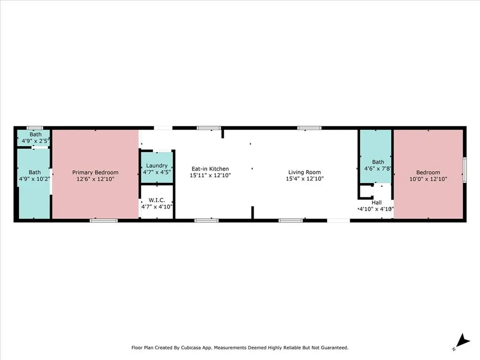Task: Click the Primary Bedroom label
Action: (x=95, y=172)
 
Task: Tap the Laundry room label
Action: (x=157, y=165)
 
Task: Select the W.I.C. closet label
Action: (x=157, y=200)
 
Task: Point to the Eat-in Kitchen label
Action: (x=210, y=169)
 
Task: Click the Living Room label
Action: (x=305, y=172)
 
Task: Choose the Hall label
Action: (x=376, y=202)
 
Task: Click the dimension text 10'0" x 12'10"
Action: (x=428, y=179)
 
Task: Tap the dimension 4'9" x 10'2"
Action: (x=34, y=179)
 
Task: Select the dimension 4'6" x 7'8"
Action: (x=378, y=169)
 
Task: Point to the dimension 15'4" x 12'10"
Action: (x=305, y=179)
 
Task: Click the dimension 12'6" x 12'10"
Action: (x=95, y=179)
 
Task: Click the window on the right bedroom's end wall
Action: (x=465, y=169)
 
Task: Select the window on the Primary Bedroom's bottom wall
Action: (x=104, y=220)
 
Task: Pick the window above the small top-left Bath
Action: (x=35, y=127)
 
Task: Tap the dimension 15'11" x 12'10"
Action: (x=210, y=175)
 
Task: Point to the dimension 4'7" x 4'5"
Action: (x=157, y=172)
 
